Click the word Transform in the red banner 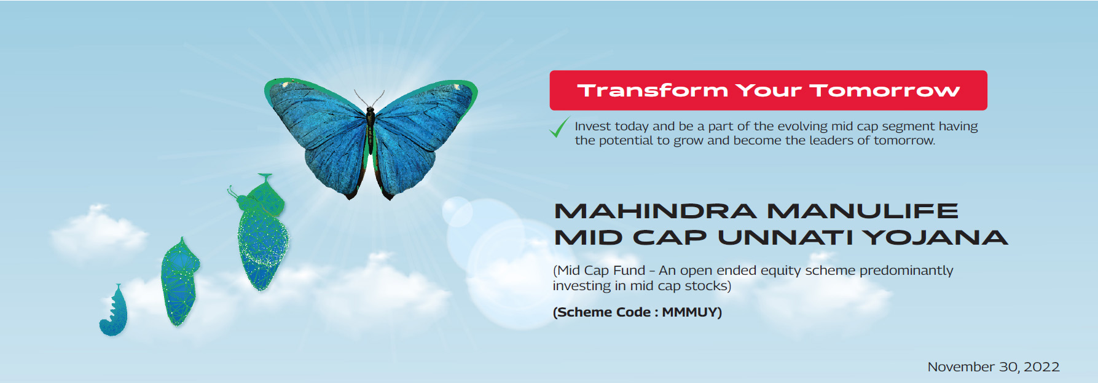tap(653, 90)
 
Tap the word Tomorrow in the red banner tap(885, 90)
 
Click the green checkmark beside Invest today tap(559, 127)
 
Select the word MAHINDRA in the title tap(655, 211)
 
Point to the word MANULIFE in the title tap(863, 211)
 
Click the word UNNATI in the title tap(785, 237)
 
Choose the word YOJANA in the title tap(935, 237)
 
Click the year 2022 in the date tap(1042, 367)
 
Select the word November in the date tap(962, 367)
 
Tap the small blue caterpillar tap(114, 310)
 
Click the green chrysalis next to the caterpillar tap(179, 282)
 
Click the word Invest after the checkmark tap(593, 126)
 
